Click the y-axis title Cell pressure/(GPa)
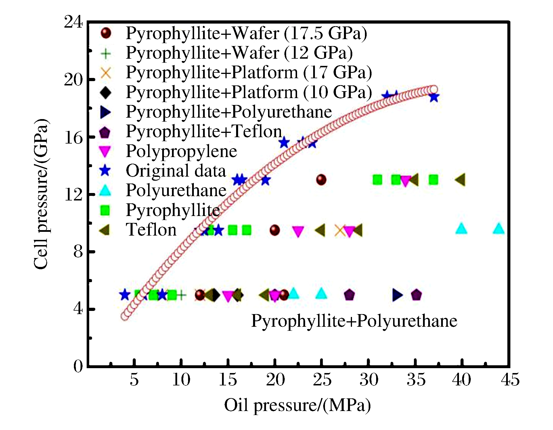coord(41,194)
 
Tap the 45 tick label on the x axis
coord(510,380)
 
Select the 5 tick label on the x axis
coord(134,380)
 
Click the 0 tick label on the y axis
coord(78,366)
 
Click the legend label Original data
coord(176,171)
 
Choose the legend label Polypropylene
coord(181,151)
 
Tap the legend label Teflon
coord(151,230)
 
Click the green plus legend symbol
coord(106,53)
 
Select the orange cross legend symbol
coord(106,72)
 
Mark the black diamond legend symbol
coord(106,92)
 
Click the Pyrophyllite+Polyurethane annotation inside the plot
coord(354,321)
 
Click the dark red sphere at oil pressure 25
coord(321,180)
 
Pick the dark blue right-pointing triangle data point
coord(397,295)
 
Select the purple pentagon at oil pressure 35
coord(416,295)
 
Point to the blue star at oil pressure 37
coord(434,98)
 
